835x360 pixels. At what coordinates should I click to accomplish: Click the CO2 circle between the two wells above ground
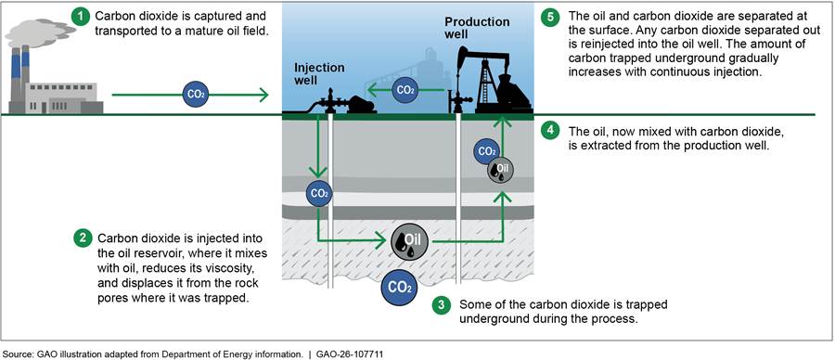[405, 90]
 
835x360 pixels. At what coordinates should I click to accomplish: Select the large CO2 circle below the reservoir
[398, 289]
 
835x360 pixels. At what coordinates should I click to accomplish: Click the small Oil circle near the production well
[500, 170]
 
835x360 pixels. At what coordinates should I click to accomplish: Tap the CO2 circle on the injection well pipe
[319, 194]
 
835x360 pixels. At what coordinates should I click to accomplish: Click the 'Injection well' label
[319, 74]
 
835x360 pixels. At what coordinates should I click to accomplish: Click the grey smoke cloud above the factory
[32, 34]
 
